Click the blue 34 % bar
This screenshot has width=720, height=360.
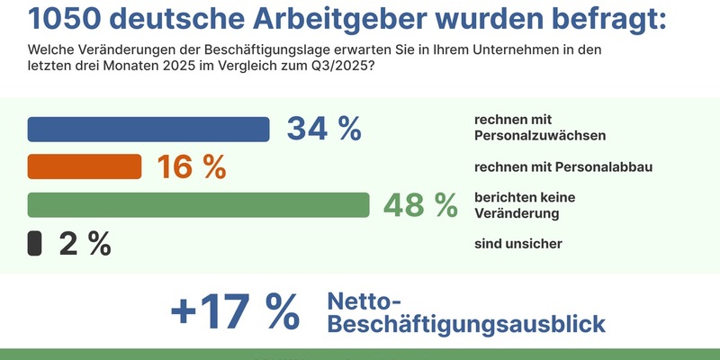click(x=148, y=129)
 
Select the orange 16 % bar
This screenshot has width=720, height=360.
click(x=85, y=166)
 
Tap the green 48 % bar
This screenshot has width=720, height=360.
click(x=199, y=205)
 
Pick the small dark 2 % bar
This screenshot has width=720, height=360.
click(x=35, y=243)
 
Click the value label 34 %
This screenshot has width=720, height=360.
click(x=323, y=129)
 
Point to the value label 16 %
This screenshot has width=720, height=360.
click(x=191, y=166)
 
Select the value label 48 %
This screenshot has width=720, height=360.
click(x=420, y=205)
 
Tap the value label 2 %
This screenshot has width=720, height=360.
click(x=85, y=243)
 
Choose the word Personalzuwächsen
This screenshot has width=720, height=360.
click(x=538, y=137)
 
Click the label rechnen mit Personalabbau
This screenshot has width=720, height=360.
click(x=562, y=166)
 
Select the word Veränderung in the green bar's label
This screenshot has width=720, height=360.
click(x=517, y=213)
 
